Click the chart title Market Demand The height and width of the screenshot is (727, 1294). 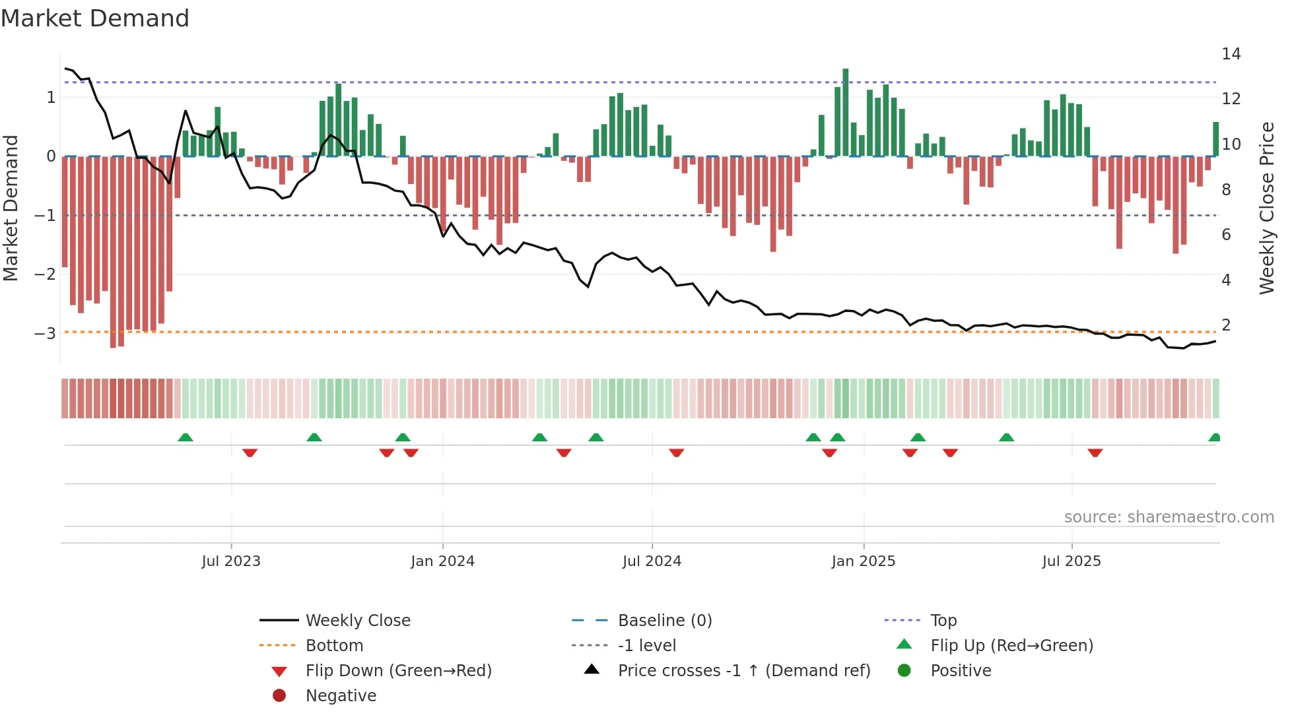(95, 18)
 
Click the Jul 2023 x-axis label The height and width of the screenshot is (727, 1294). (231, 561)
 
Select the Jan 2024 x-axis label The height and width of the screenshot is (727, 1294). (442, 561)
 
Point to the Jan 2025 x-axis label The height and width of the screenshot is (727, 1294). (863, 561)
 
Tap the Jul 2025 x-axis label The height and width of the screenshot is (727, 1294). (1072, 561)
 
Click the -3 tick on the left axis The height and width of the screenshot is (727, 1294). (46, 333)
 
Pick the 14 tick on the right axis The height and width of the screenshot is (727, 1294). (1231, 54)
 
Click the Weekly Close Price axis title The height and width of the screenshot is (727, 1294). (1266, 208)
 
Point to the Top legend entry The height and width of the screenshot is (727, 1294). (943, 621)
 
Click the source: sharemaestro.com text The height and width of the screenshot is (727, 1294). (1169, 517)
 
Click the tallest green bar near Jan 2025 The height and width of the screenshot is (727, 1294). (845, 112)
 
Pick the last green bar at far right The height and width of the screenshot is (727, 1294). (1215, 139)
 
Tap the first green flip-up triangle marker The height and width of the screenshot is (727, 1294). (186, 437)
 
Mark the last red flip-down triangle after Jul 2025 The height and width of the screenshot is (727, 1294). (1095, 453)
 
